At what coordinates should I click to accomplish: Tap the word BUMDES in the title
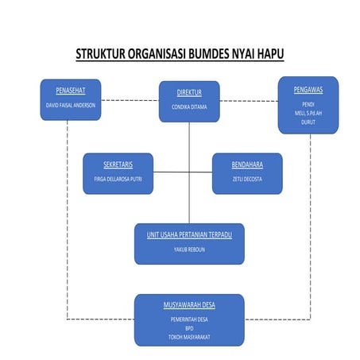point(219,55)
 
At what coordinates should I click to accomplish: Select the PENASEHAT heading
point(70,90)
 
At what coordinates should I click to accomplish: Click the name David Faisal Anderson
point(70,105)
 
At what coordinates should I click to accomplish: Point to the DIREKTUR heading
point(188,92)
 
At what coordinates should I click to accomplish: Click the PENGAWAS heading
point(308,90)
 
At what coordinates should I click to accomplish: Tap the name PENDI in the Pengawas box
point(308,104)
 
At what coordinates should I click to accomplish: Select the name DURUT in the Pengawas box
point(308,122)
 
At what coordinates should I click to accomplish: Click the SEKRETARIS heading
point(118,165)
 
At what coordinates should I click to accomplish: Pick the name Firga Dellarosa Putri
point(118,179)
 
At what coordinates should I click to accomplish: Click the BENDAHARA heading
point(246,165)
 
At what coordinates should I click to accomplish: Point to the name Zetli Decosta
point(246,179)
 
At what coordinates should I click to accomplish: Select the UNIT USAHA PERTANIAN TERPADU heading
point(188,235)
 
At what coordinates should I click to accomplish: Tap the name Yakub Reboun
point(188,250)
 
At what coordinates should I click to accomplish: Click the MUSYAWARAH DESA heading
point(188,304)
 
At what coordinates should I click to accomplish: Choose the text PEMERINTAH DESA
point(188,319)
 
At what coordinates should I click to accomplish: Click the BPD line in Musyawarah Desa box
point(188,327)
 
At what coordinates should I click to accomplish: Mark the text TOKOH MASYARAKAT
point(188,336)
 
